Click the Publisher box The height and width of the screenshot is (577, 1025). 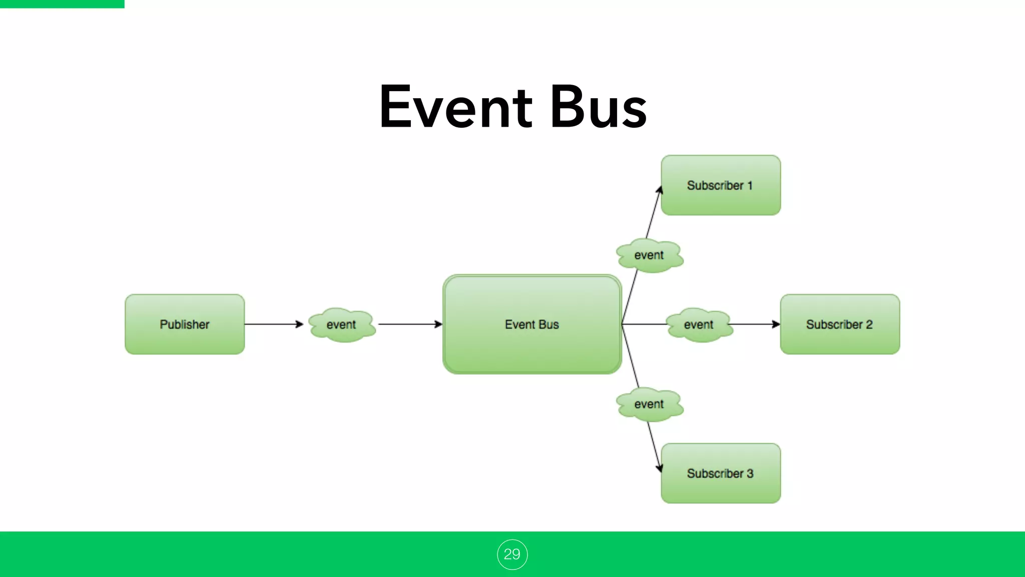click(185, 324)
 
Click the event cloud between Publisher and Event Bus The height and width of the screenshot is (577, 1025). click(342, 325)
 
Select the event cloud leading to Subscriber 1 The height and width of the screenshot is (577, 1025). click(649, 255)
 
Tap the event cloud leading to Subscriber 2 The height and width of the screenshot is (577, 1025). click(699, 325)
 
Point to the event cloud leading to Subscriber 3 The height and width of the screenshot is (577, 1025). click(649, 404)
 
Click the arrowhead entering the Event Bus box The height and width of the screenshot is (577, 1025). click(438, 324)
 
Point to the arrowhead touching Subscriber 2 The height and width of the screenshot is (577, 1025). click(776, 324)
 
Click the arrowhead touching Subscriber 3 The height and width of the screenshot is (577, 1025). click(660, 468)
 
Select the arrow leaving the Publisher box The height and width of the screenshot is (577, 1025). click(273, 324)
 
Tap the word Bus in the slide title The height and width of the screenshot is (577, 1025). click(598, 107)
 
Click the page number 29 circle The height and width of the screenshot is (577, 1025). click(512, 554)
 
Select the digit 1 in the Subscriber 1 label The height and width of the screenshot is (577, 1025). click(750, 185)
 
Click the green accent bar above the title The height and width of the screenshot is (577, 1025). click(62, 4)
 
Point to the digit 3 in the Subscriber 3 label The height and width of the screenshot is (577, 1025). click(750, 473)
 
